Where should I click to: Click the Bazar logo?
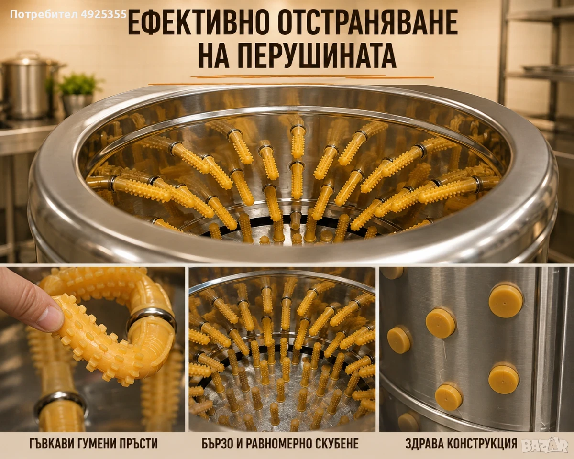point(545,445)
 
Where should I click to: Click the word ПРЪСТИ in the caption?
point(138,444)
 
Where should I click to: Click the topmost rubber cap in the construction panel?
point(506,301)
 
